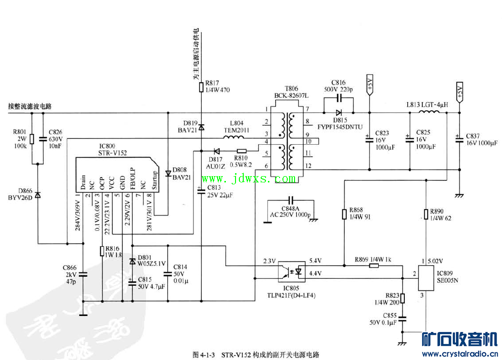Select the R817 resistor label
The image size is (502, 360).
pos(217,86)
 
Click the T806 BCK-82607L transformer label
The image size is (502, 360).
pos(291,92)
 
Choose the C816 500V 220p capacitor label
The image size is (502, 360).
pos(339,86)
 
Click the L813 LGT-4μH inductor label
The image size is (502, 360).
pos(427,105)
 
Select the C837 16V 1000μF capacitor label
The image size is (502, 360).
pos(481,139)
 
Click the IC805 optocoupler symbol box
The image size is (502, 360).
pos(292,272)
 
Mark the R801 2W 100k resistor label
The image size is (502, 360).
pos(20,138)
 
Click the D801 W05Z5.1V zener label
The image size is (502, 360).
pos(151,261)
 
